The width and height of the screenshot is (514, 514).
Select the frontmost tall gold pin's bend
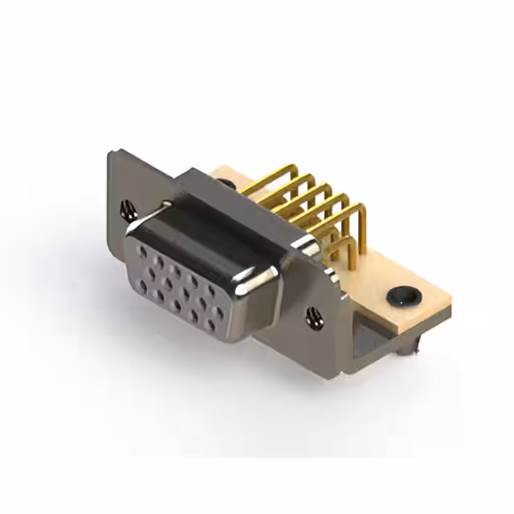(359, 210)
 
